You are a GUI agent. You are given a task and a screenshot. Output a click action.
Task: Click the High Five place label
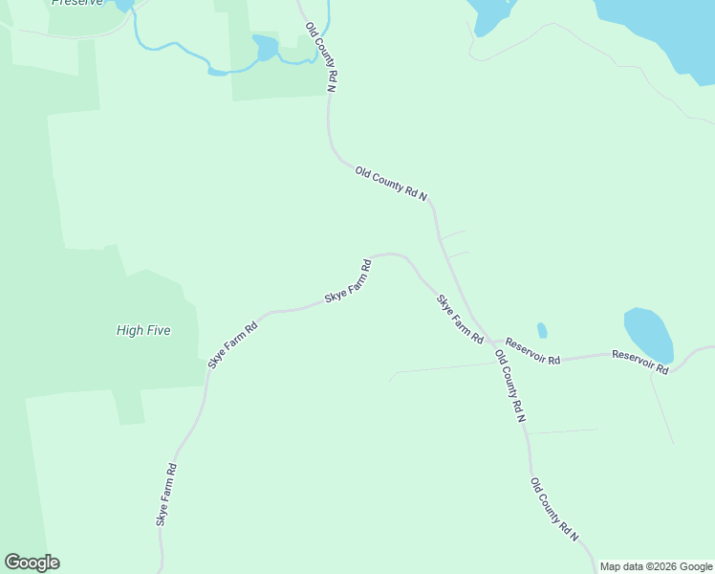click(143, 330)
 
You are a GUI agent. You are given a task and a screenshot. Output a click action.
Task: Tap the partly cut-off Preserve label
click(76, 3)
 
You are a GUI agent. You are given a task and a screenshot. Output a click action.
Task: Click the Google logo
click(32, 563)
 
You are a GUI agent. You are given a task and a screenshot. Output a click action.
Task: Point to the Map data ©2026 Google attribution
click(657, 566)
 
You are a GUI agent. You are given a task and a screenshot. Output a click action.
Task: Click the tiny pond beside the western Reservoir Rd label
click(542, 330)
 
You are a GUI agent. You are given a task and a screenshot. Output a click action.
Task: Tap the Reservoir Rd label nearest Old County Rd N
click(532, 350)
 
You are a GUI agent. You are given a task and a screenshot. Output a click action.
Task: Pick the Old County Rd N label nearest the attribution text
click(555, 510)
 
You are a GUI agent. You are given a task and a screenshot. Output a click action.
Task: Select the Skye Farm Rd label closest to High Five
click(233, 344)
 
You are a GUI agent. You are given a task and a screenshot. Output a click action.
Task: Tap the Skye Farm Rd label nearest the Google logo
click(166, 495)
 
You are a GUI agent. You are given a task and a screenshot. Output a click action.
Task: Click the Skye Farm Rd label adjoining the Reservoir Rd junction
click(460, 320)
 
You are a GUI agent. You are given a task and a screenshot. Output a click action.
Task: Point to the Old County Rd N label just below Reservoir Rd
click(510, 386)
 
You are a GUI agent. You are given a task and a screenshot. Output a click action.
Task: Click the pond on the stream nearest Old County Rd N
click(266, 46)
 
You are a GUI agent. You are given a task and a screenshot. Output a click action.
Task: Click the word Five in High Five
click(159, 330)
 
